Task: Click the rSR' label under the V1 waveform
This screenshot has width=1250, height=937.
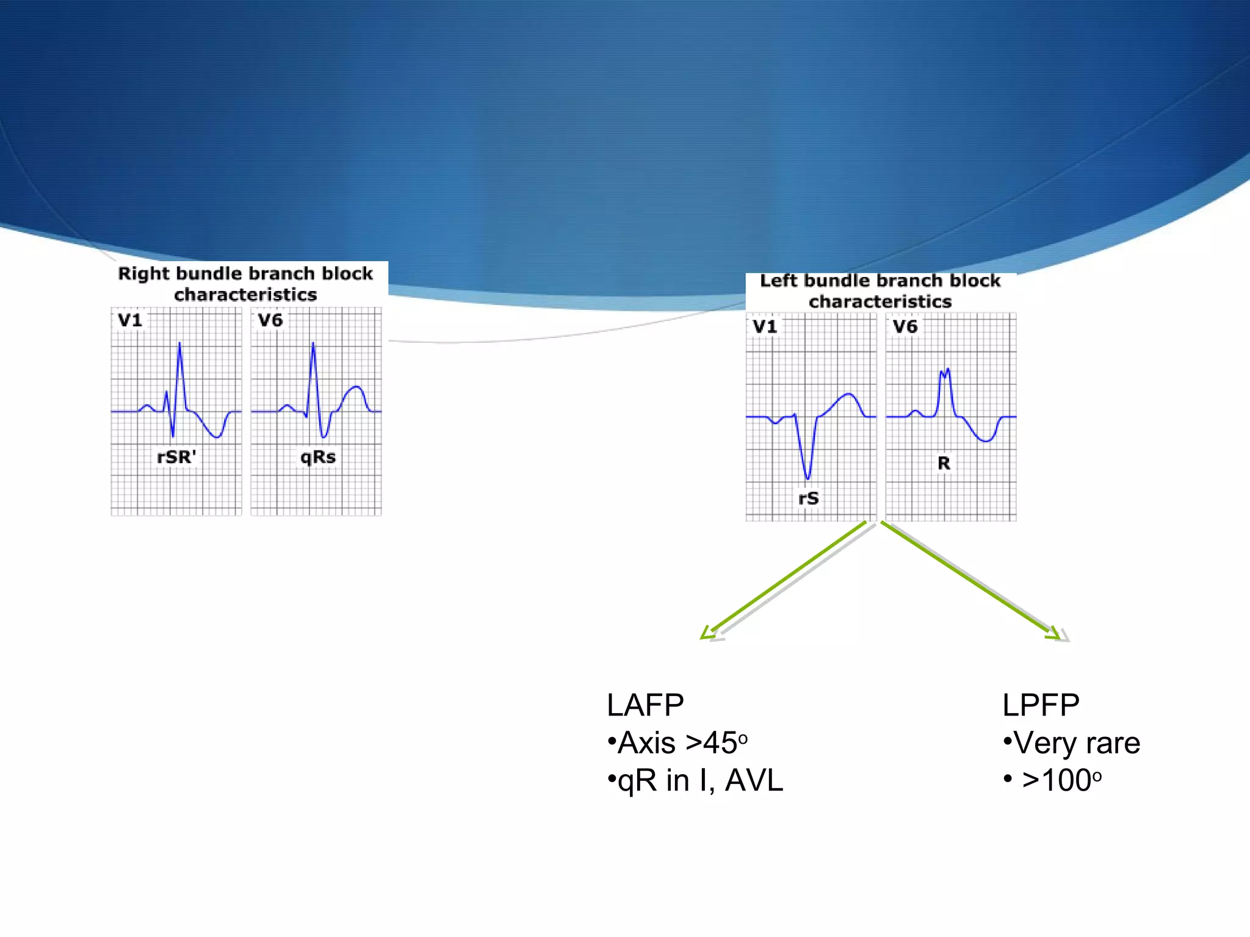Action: pyautogui.click(x=176, y=457)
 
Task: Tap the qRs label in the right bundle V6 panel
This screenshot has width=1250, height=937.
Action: pyautogui.click(x=317, y=457)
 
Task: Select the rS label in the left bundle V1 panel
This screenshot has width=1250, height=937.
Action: pyautogui.click(x=809, y=498)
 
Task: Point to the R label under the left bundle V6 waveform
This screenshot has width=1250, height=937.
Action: pyautogui.click(x=944, y=464)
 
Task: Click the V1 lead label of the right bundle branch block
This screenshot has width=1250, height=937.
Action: pyautogui.click(x=130, y=320)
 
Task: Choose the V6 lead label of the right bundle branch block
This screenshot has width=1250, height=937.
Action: pyautogui.click(x=270, y=320)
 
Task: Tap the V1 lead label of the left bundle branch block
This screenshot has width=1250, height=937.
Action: pyautogui.click(x=765, y=326)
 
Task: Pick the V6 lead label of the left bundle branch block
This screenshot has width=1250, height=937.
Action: pyautogui.click(x=905, y=326)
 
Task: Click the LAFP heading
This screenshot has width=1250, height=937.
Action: pyautogui.click(x=645, y=705)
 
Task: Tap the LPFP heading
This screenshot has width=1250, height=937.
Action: pyautogui.click(x=1041, y=705)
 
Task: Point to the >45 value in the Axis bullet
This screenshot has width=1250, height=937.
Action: pyautogui.click(x=712, y=743)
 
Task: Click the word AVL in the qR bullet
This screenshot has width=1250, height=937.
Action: pyautogui.click(x=754, y=780)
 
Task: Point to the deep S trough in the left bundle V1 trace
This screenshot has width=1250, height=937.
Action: pyautogui.click(x=807, y=477)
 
